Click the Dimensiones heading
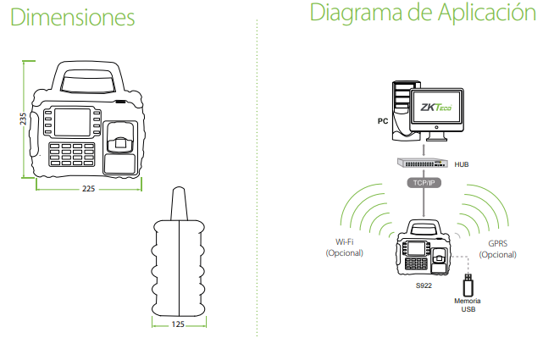pos(73,17)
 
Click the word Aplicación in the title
pos(487,13)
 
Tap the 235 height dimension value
pos(23,119)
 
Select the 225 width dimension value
pos(88,189)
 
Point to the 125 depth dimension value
pos(178,324)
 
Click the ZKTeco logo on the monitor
pos(436,107)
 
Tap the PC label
pos(383,121)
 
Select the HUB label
pos(462,164)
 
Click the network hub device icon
pos(422,163)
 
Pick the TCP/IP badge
pos(424,183)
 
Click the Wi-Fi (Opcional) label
pos(345,247)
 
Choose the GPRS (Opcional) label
pos(498,249)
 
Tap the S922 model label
pos(424,285)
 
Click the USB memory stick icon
pos(468,285)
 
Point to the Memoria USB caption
pos(468,305)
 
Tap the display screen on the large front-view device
pos(73,122)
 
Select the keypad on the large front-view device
pos(72,154)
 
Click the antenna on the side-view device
pos(179,203)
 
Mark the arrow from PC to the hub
pos(424,150)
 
